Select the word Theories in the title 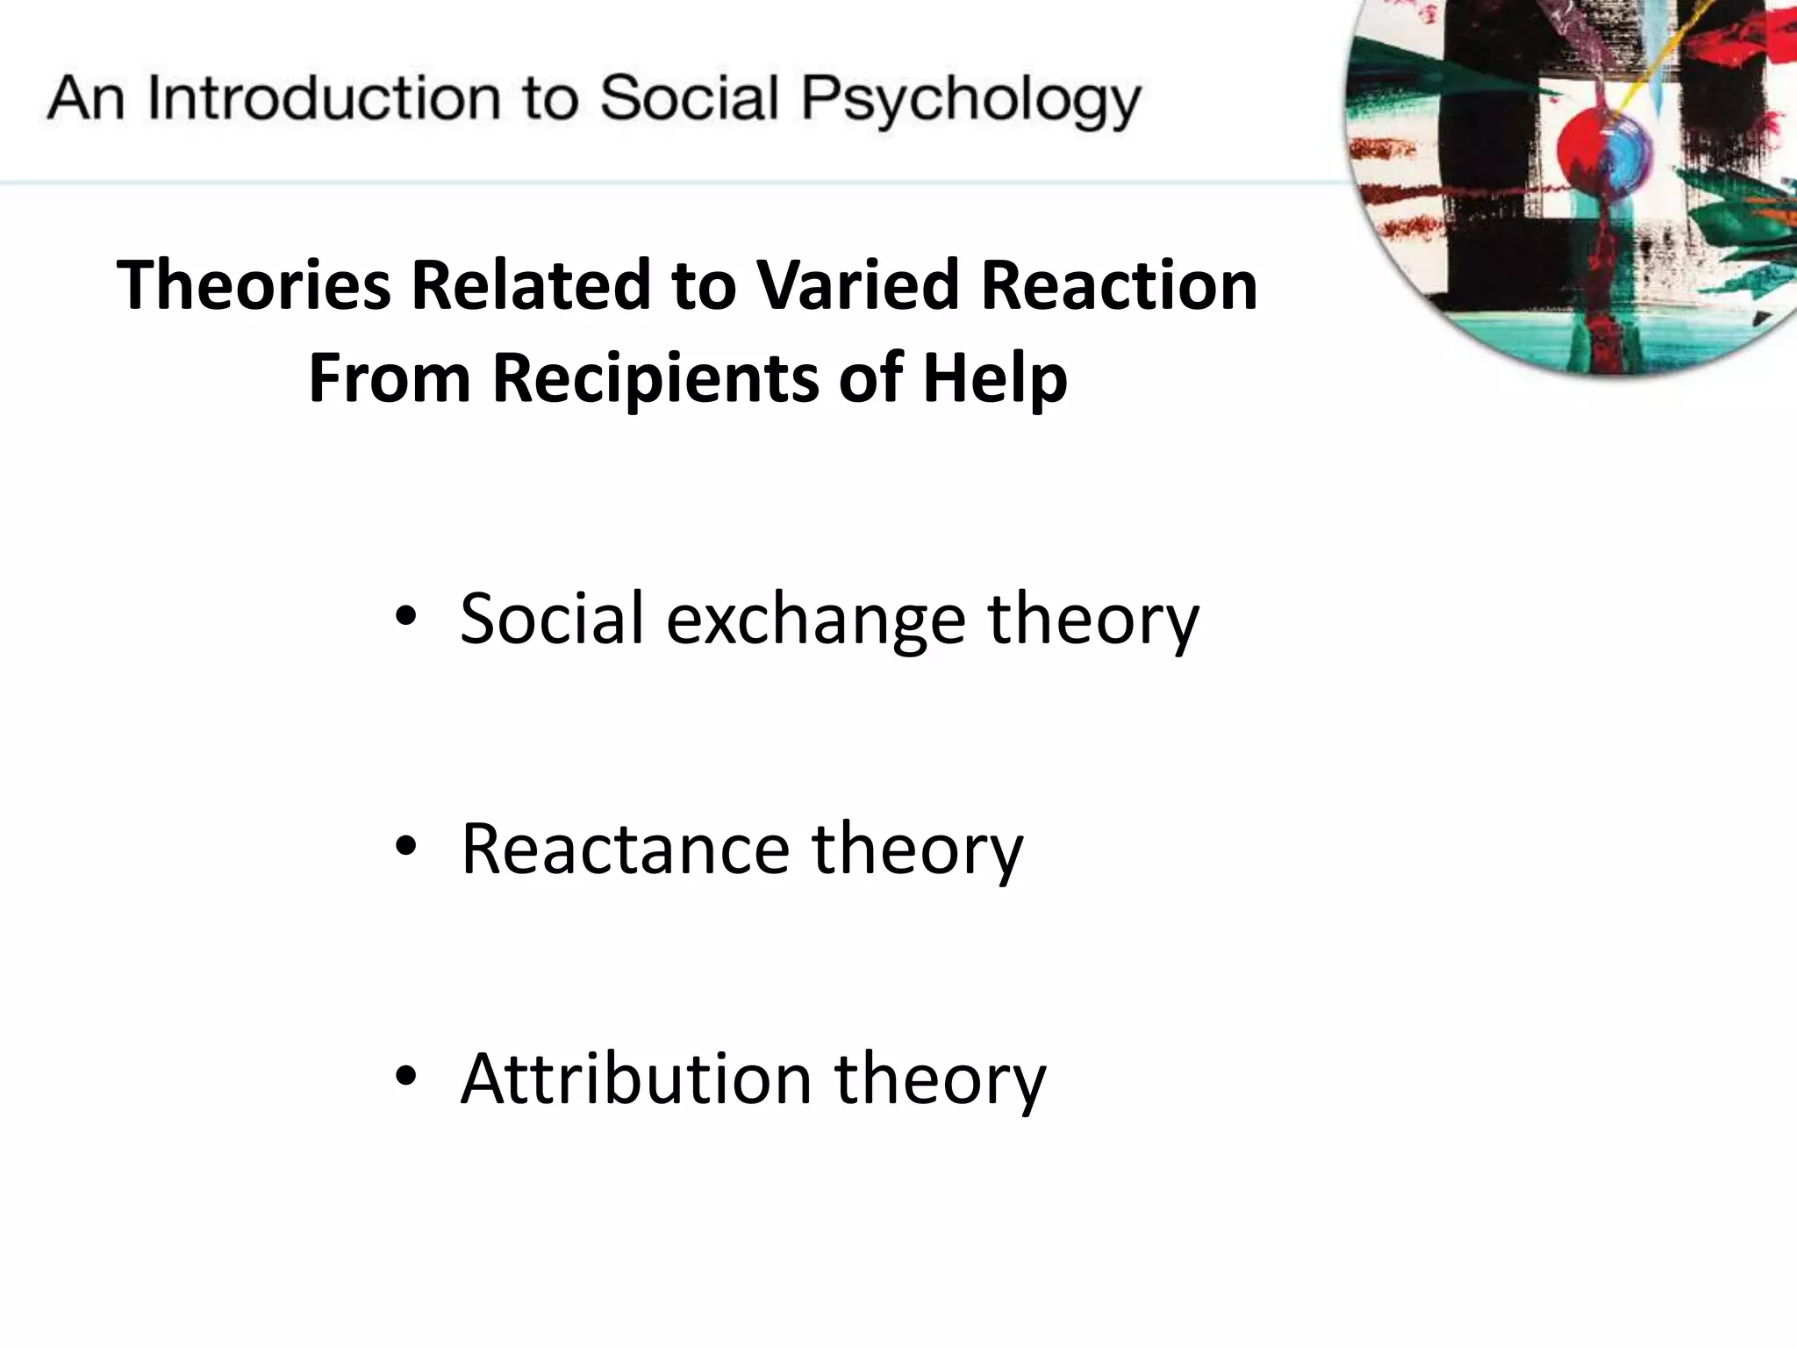pos(254,285)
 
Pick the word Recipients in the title pos(655,378)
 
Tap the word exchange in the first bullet pos(816,620)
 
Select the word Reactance pos(625,850)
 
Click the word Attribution pos(636,1079)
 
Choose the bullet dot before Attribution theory pos(405,1076)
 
